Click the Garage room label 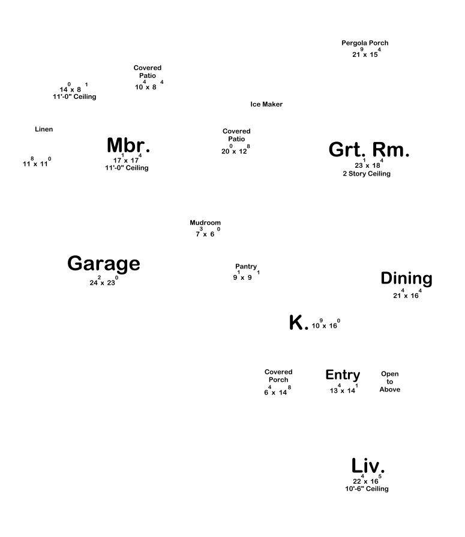[104, 264]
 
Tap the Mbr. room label [128, 145]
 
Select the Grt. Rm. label [369, 150]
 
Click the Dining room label [406, 279]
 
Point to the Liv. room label [368, 466]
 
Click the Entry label [343, 375]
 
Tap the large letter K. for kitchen [298, 322]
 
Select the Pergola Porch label [365, 43]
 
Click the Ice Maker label [266, 104]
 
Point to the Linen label [44, 129]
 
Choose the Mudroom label [205, 222]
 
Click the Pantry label [246, 267]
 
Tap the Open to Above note [390, 382]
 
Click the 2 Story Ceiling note [367, 174]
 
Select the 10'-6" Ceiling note [367, 488]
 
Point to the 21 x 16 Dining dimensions [407, 294]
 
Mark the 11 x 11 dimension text [37, 162]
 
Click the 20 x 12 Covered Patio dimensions [236, 149]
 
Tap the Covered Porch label [278, 376]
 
